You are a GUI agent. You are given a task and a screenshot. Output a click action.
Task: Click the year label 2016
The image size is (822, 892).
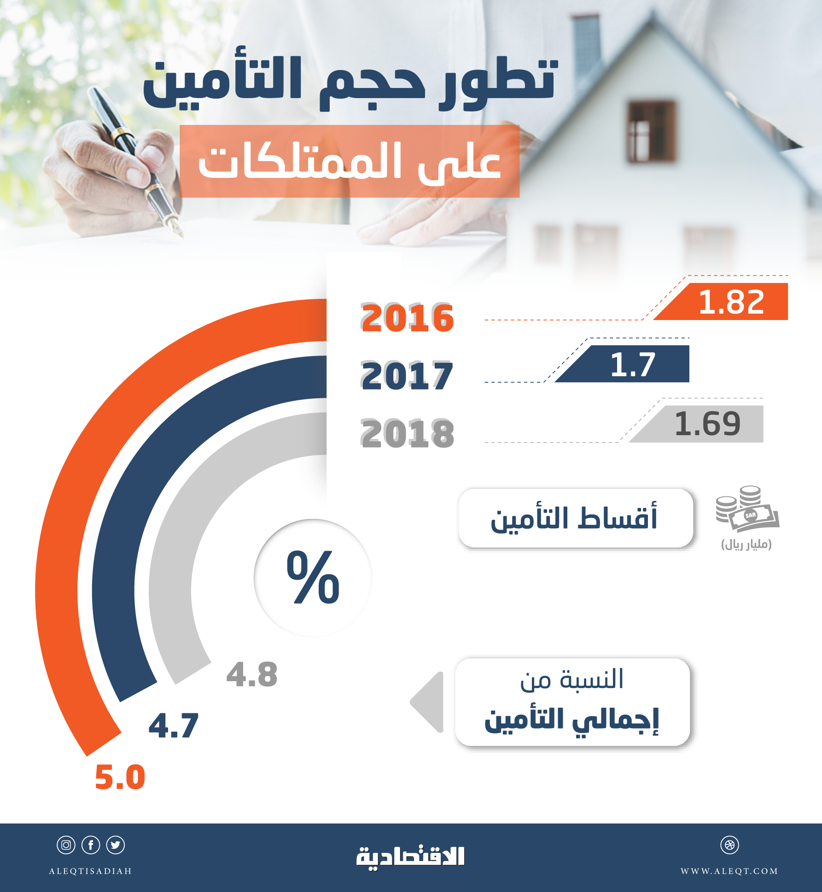[408, 318]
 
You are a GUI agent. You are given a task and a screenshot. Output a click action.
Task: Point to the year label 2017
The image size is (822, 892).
[407, 376]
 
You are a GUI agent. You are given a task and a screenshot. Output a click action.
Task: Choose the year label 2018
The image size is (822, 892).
[408, 434]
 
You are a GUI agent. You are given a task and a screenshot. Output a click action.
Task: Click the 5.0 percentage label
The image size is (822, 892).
[120, 777]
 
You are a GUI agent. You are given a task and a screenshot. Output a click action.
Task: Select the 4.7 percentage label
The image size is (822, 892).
[174, 726]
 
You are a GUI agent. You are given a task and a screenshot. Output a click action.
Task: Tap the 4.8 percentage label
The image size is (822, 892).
[252, 675]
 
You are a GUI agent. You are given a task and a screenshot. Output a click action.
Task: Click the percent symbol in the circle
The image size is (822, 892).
[313, 577]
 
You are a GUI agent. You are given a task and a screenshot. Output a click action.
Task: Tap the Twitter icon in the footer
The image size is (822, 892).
[116, 845]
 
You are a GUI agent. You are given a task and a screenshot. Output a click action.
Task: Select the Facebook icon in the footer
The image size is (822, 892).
[91, 845]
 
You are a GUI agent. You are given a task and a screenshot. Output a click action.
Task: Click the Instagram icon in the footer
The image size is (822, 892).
[66, 845]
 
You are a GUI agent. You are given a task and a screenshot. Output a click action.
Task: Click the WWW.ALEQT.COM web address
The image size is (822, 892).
[729, 871]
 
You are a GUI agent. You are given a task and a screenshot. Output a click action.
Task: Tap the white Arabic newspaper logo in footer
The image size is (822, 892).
[410, 857]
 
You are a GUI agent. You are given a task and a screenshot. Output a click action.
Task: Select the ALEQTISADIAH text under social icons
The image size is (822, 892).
[91, 871]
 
